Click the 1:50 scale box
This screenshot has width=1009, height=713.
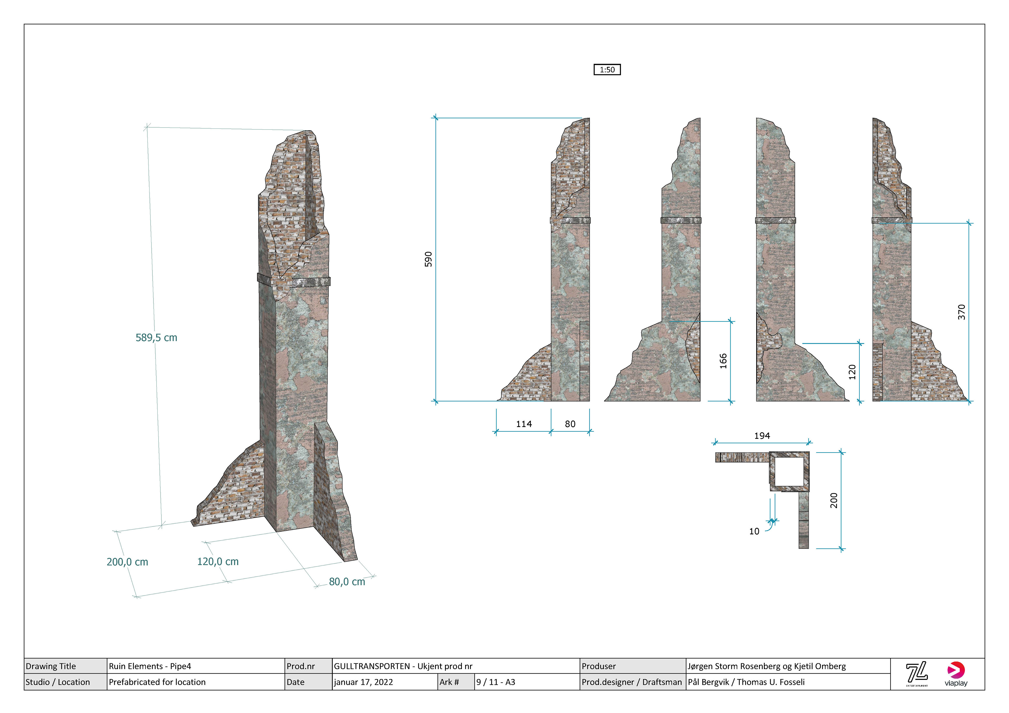pos(607,69)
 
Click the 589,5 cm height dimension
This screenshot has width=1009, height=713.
pos(156,337)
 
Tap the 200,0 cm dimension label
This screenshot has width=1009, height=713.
pos(127,562)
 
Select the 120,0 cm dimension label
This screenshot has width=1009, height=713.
pos(218,561)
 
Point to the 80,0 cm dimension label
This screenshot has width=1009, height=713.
pos(347,582)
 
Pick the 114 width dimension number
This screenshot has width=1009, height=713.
pos(524,424)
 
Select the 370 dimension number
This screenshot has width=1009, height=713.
pos(961,312)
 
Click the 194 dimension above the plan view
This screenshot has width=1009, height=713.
pos(762,436)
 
